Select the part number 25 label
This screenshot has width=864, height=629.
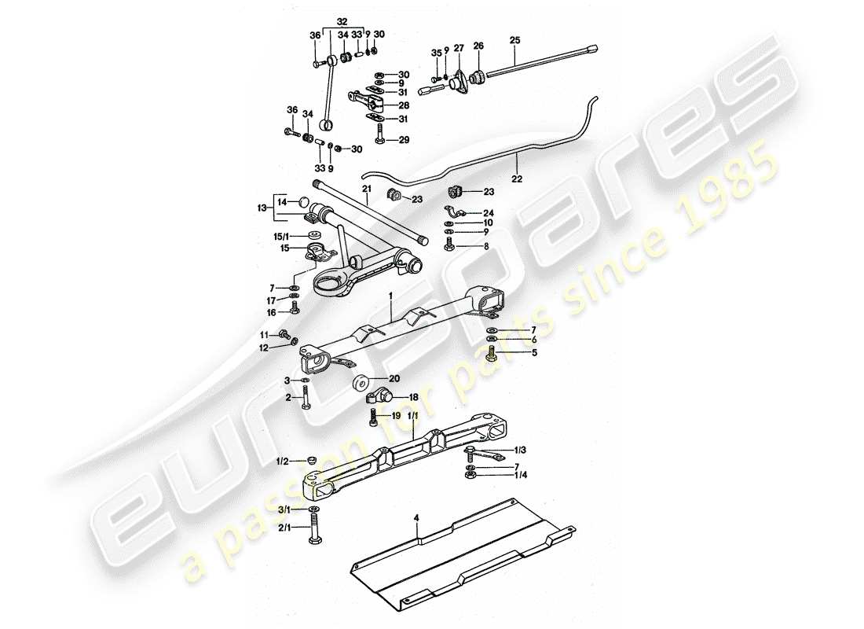(514, 39)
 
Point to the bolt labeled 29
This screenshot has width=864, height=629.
(379, 139)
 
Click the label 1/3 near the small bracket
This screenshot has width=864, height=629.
(521, 449)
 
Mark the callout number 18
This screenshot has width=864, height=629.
(413, 399)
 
